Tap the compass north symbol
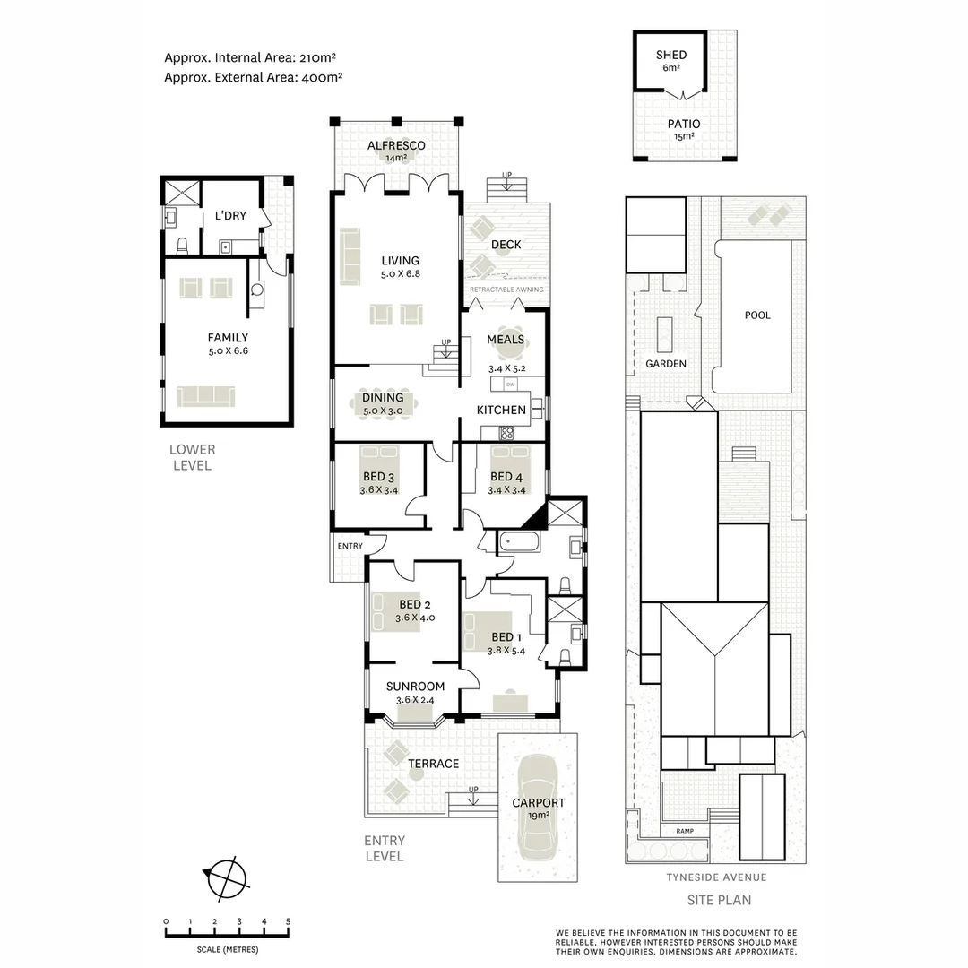pos(226,877)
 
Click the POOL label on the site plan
pos(757,315)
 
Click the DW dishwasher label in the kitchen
pos(510,385)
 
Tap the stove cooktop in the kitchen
pos(506,433)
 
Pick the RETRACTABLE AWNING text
pos(506,290)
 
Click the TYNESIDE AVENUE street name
pos(715,877)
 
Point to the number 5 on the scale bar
pos(288,921)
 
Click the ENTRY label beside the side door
pos(350,546)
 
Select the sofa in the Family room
pos(205,395)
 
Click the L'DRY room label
pos(230,216)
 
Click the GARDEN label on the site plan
pos(666,364)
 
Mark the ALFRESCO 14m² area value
pos(396,159)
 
